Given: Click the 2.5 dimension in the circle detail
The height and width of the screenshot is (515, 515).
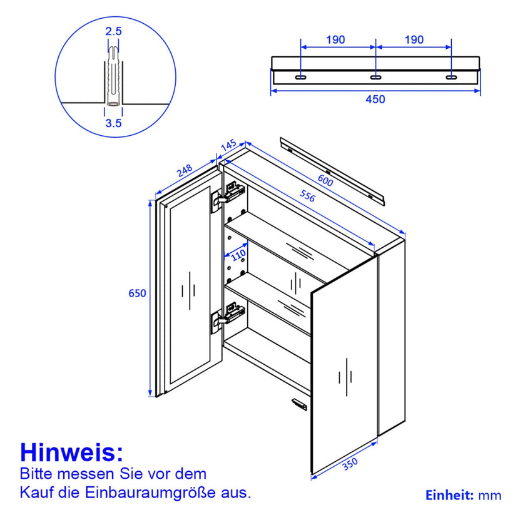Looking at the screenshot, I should click(x=113, y=31).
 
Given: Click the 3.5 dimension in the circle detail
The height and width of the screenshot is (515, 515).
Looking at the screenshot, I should click(x=113, y=123).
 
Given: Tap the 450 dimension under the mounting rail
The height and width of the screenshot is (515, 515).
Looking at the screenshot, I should click(x=375, y=99).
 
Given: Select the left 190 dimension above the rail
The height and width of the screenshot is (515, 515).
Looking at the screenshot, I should click(x=335, y=40).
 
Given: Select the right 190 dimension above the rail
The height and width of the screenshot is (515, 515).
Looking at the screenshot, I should click(x=413, y=40).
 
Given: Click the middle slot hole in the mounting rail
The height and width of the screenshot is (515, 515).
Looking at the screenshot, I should click(x=375, y=77).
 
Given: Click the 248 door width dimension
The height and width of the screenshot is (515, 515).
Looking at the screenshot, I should click(x=183, y=171).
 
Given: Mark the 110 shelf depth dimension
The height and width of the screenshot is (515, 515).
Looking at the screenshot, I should click(x=238, y=255).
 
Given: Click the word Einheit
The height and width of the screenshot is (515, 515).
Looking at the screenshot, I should click(x=449, y=496).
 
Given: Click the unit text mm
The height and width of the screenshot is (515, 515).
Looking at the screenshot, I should click(x=490, y=496).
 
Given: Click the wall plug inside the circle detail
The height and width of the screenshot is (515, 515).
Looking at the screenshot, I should click(x=113, y=75).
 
